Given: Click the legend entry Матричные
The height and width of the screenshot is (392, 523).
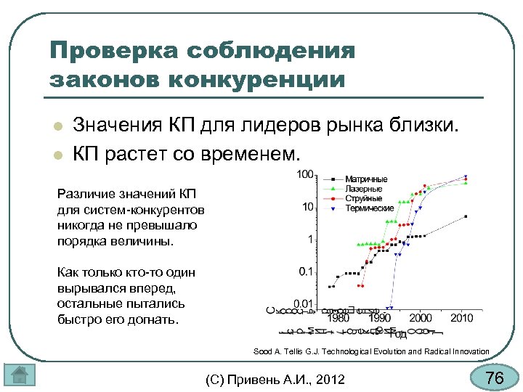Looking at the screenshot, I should pyautogui.click(x=366, y=179).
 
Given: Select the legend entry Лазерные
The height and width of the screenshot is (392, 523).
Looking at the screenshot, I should pyautogui.click(x=364, y=189).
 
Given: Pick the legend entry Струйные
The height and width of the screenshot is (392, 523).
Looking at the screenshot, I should pyautogui.click(x=363, y=198).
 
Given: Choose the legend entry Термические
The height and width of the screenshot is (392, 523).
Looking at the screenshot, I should pyautogui.click(x=369, y=208).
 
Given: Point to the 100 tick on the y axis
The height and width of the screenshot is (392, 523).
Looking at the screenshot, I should pyautogui.click(x=304, y=175).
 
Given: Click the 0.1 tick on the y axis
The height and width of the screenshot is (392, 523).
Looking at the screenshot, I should pyautogui.click(x=305, y=271).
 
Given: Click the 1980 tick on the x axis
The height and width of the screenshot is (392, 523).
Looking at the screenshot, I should pyautogui.click(x=337, y=318).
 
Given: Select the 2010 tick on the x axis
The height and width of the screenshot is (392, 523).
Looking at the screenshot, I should pyautogui.click(x=462, y=318).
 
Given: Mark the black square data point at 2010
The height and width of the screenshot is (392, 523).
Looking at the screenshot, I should pyautogui.click(x=465, y=216).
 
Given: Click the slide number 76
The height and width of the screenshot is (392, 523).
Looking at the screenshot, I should pyautogui.click(x=494, y=377).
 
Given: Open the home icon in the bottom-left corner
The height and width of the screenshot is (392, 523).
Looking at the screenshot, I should pyautogui.click(x=20, y=375).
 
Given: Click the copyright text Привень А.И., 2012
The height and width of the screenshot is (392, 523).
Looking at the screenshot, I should pyautogui.click(x=275, y=378).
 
